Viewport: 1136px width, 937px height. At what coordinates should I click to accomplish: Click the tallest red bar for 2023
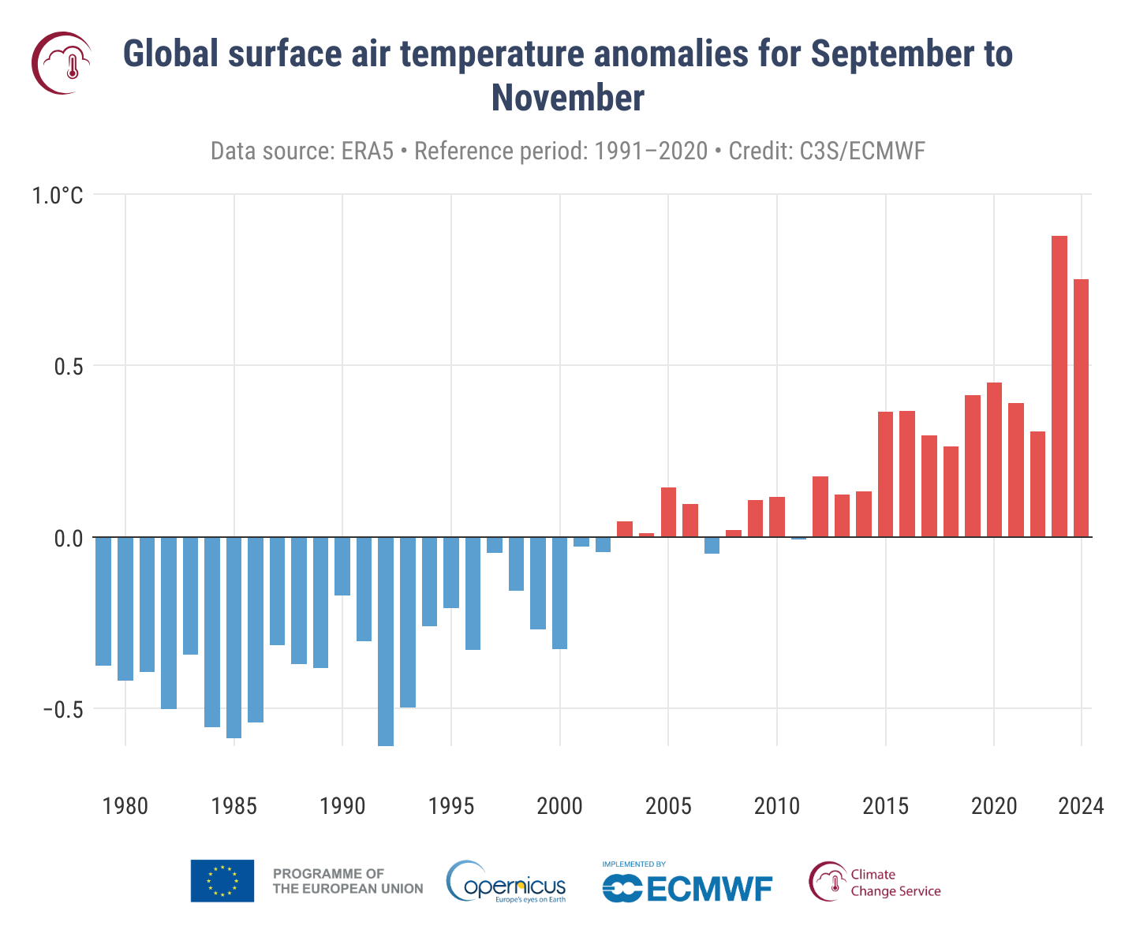point(1059,386)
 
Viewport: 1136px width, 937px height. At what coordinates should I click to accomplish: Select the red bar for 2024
point(1081,408)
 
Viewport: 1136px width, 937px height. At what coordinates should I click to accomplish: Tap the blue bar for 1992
point(386,640)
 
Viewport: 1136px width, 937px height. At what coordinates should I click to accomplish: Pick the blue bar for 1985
point(234,637)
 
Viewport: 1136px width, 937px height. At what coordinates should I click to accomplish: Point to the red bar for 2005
point(668,512)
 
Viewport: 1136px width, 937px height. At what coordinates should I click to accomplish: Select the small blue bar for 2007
point(712,545)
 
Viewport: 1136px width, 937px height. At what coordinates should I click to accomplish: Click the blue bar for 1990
point(342,566)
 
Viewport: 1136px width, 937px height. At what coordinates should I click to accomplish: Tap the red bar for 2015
point(885,474)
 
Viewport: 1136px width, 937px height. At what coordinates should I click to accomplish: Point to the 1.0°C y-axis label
point(57,196)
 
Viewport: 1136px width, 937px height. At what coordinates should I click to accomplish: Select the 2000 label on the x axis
point(559,807)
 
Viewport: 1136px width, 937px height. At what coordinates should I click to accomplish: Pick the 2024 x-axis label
point(1080,807)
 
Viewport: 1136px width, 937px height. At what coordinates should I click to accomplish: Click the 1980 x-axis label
point(125,807)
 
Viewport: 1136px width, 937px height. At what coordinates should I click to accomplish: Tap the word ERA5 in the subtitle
point(367,151)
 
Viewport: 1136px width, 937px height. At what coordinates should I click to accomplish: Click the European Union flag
point(222,881)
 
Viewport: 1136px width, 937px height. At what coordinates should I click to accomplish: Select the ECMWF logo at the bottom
point(686,883)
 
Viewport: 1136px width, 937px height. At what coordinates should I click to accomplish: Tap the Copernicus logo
point(506,883)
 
